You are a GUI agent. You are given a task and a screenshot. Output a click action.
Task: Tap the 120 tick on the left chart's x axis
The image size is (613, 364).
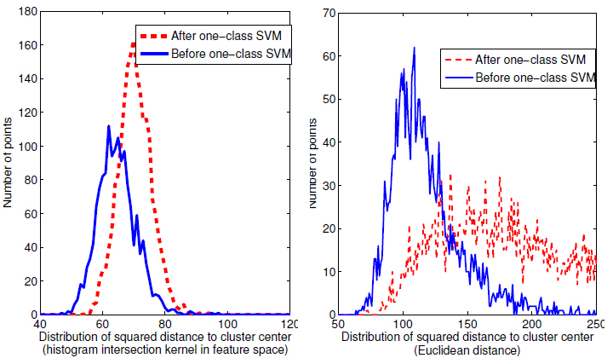[x=289, y=325]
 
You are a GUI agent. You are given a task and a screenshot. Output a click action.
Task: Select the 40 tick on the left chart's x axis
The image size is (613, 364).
[x=40, y=325]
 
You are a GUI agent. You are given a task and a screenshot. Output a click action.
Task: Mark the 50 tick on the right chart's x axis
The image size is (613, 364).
[x=339, y=325]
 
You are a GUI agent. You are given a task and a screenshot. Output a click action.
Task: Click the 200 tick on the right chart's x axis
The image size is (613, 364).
[x=532, y=325]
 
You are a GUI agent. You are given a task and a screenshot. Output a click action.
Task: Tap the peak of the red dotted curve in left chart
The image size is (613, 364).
[x=135, y=43]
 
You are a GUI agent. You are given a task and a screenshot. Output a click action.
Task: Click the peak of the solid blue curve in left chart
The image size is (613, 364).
[x=108, y=126]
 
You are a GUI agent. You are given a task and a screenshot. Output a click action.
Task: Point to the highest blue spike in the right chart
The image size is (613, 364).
[x=415, y=48]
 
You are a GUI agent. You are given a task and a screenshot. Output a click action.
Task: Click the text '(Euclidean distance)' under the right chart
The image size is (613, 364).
[x=467, y=351]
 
